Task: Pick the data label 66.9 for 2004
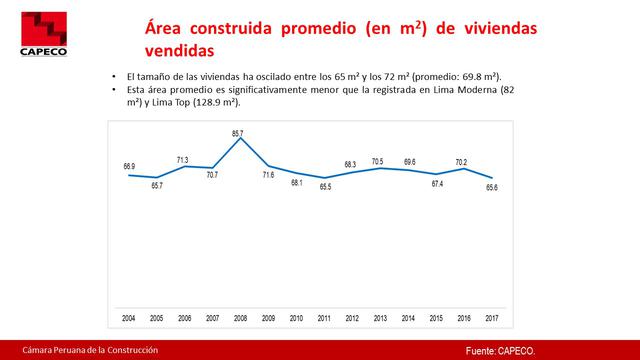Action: coord(129,166)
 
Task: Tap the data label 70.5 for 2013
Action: coord(378,160)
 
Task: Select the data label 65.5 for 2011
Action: coord(323,187)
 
